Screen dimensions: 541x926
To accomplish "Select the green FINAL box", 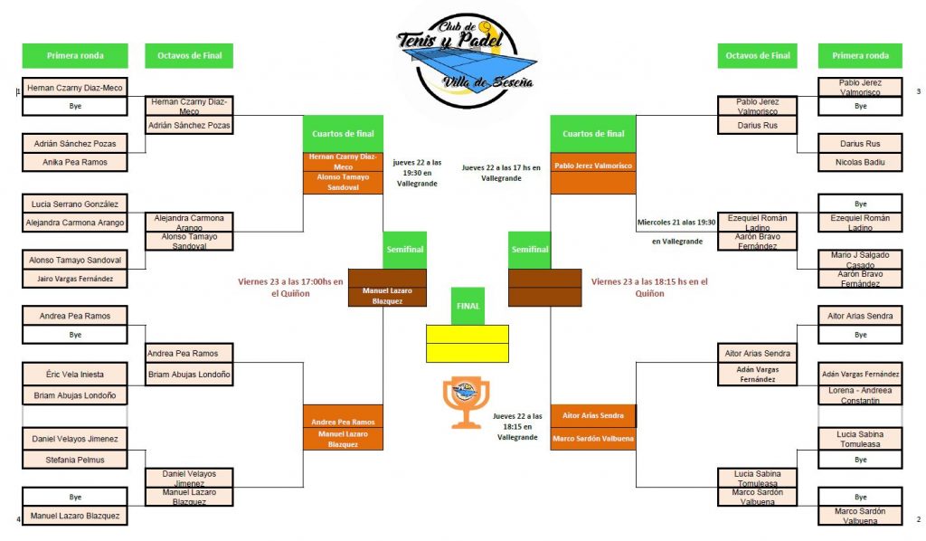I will [x=468, y=306].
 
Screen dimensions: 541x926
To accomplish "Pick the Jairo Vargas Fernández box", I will [x=74, y=279].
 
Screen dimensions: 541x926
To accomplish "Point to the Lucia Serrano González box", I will [x=74, y=204].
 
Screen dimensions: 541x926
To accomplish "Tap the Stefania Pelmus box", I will [x=74, y=460].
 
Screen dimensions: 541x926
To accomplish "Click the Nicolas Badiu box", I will [x=860, y=162].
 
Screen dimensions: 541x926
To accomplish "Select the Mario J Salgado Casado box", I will [x=860, y=260].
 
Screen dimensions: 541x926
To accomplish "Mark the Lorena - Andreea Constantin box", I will [x=860, y=394].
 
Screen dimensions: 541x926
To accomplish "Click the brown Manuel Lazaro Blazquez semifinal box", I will [x=387, y=295].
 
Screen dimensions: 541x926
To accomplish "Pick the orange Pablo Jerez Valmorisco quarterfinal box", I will [x=592, y=166].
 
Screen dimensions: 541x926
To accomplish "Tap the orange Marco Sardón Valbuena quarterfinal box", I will [x=592, y=439].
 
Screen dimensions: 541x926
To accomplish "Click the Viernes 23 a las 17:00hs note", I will [x=290, y=287].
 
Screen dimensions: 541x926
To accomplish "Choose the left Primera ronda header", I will [x=75, y=56].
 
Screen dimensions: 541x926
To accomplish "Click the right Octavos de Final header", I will [x=757, y=56].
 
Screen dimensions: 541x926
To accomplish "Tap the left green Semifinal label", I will [x=405, y=250].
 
